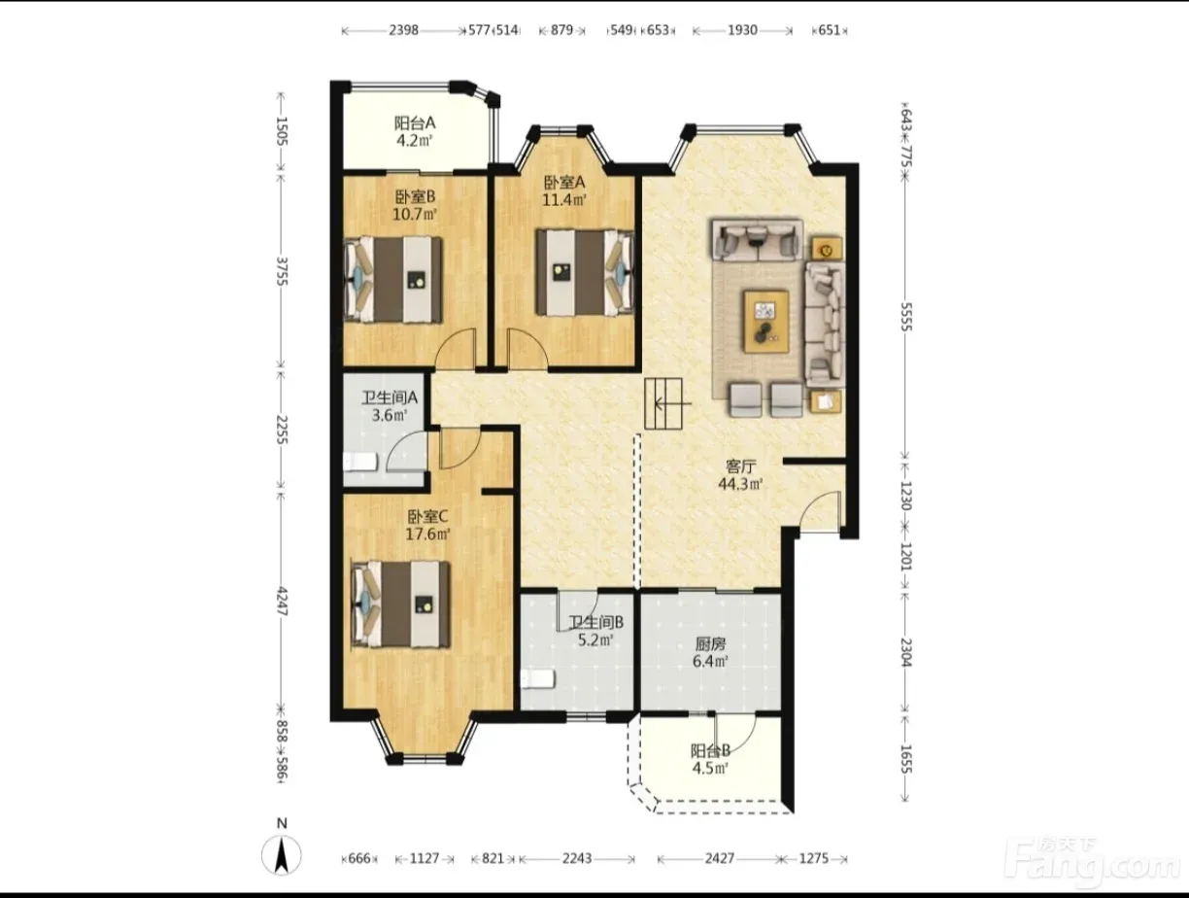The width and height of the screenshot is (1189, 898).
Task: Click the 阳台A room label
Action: coord(415,123)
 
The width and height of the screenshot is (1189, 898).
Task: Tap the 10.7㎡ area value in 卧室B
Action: coord(415,215)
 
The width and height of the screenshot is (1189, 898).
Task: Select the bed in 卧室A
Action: coord(585,272)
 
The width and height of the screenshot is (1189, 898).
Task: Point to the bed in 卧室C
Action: coord(401,604)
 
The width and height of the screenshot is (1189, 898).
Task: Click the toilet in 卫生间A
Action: coord(360,463)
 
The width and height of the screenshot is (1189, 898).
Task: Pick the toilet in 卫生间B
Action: coord(538,678)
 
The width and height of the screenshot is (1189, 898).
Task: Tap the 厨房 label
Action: coord(710,643)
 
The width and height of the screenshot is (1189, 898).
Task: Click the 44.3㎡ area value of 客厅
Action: coord(740,484)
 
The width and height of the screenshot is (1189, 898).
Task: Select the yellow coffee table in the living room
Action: coord(765,322)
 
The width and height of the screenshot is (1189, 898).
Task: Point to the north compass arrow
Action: coord(281,856)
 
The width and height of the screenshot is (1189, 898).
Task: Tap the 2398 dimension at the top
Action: coord(403,30)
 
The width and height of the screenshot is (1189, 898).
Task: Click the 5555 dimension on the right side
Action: coord(906,317)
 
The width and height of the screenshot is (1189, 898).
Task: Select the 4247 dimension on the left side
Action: coord(282,601)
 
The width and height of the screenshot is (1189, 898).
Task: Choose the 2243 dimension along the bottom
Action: coord(577,859)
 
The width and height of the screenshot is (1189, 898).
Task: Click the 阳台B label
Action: coord(710,751)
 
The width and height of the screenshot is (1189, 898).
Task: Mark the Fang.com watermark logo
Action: coord(1093,866)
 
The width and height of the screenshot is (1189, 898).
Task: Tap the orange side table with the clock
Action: coord(827,250)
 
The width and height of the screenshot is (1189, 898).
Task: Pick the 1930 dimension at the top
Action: coord(742,30)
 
